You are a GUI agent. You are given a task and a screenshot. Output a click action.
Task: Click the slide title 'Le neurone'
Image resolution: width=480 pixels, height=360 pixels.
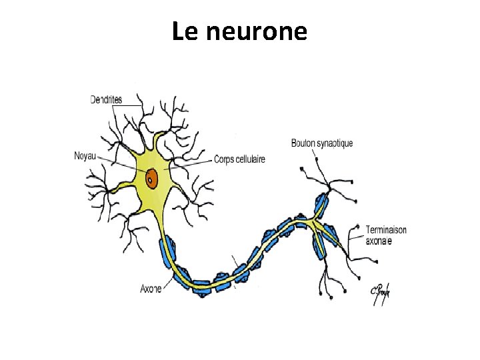click(x=239, y=31)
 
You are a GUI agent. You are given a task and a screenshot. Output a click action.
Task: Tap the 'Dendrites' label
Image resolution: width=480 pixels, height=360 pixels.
click(x=106, y=99)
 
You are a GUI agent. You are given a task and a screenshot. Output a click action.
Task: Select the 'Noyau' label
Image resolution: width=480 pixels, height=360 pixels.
click(x=85, y=157)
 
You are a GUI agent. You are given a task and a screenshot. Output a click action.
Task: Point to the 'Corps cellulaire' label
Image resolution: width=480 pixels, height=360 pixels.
click(x=239, y=159)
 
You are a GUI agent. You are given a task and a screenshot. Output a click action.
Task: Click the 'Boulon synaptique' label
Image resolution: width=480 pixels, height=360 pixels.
click(x=322, y=143)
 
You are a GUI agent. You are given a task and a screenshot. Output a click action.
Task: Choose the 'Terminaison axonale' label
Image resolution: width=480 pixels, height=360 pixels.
click(x=385, y=235)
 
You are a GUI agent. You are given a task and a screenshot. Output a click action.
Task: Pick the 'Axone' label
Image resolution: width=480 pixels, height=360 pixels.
click(x=151, y=289)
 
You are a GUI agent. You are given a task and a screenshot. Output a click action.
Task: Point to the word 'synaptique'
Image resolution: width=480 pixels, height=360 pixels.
click(x=337, y=143)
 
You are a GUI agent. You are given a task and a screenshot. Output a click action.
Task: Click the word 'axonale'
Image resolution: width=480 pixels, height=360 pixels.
click(x=379, y=241)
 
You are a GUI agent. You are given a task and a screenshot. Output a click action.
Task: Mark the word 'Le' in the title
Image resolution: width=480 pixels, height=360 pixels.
click(x=184, y=31)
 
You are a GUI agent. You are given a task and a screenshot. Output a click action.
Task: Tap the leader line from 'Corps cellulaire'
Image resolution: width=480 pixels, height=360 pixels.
click(x=193, y=163)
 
